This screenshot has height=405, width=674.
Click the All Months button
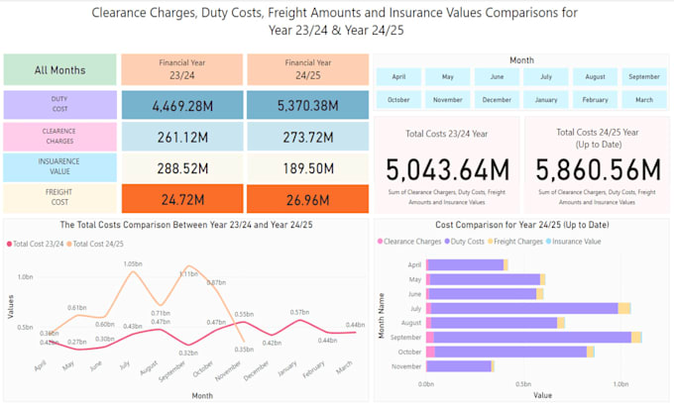(59, 70)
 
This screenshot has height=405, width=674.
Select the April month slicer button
(398, 76)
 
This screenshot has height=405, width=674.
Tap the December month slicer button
(498, 100)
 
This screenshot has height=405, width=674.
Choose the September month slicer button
(644, 76)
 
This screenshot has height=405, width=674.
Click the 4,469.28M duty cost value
(180, 106)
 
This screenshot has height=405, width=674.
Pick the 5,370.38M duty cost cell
(305, 106)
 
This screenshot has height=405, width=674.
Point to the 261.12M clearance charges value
(180, 137)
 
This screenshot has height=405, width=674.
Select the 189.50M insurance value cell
(305, 168)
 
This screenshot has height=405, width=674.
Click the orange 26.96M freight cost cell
(305, 199)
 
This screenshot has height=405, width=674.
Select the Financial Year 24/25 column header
(305, 69)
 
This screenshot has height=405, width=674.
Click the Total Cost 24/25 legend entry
(107, 244)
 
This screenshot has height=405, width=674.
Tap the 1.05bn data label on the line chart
(133, 263)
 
